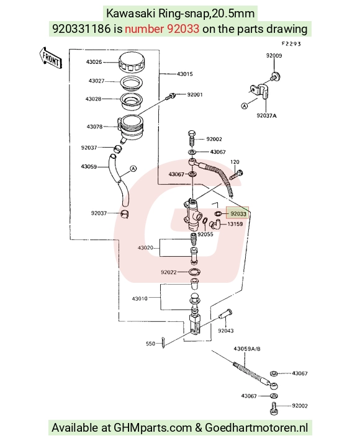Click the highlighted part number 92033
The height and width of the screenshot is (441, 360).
coord(238,214)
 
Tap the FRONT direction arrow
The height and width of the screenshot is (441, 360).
coord(50,58)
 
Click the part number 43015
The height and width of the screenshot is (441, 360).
coord(184,74)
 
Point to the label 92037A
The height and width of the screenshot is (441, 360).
coord(266,115)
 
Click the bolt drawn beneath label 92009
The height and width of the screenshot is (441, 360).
coord(276,76)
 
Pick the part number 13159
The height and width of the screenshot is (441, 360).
coord(235,224)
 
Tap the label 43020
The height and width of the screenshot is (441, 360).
coord(145,247)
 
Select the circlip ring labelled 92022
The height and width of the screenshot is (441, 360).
coord(194,272)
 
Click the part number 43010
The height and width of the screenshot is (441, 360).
coord(140,298)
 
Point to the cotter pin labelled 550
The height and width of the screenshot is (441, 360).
coord(163,343)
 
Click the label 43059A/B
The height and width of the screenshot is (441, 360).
coord(247,349)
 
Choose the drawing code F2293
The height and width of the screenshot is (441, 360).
coord(291,43)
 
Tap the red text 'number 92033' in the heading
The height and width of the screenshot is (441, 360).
coord(162,29)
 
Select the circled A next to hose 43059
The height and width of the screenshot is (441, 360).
coord(133,169)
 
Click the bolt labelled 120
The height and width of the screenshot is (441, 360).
coord(236,175)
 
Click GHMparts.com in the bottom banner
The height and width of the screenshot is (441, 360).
coord(153,427)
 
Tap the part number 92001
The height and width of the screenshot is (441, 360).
coord(195,94)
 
